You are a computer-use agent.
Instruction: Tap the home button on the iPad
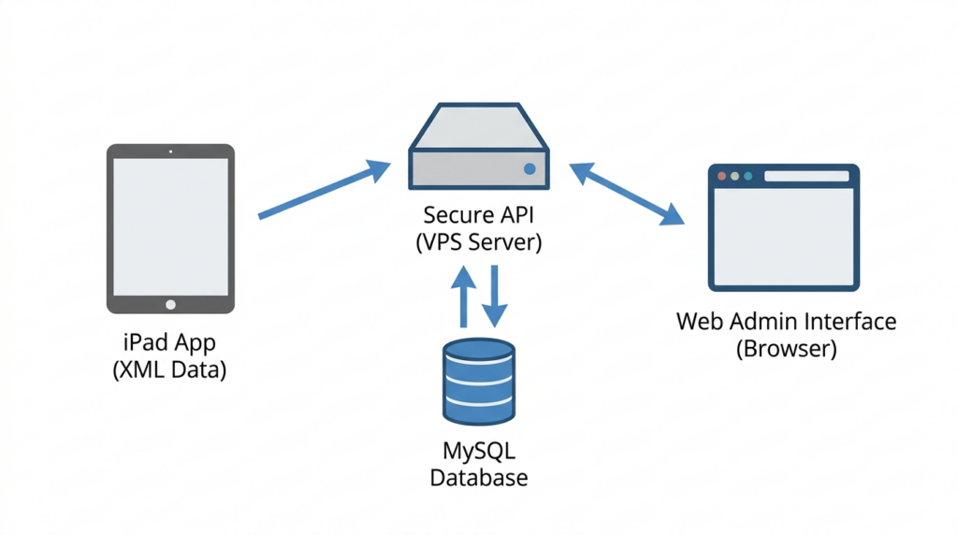coord(170,304)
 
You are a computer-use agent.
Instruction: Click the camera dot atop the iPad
coord(170,151)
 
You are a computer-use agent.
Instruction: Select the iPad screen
coord(170,227)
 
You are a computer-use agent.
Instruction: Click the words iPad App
coord(169,341)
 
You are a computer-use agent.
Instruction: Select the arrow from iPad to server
coord(324,191)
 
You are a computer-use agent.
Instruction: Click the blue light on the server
coord(530,169)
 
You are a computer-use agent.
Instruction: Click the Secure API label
coord(478,217)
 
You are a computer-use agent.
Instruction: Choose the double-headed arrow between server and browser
coord(626,194)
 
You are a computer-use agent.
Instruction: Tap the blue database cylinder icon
coord(478,382)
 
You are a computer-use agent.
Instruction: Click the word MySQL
coord(478,451)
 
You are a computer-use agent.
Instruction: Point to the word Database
coord(478,478)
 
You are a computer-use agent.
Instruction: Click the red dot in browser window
coord(721,176)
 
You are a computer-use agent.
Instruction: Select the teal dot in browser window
coord(748,176)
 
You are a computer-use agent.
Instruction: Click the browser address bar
coord(804,176)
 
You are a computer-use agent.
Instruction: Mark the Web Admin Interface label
coord(786,323)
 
